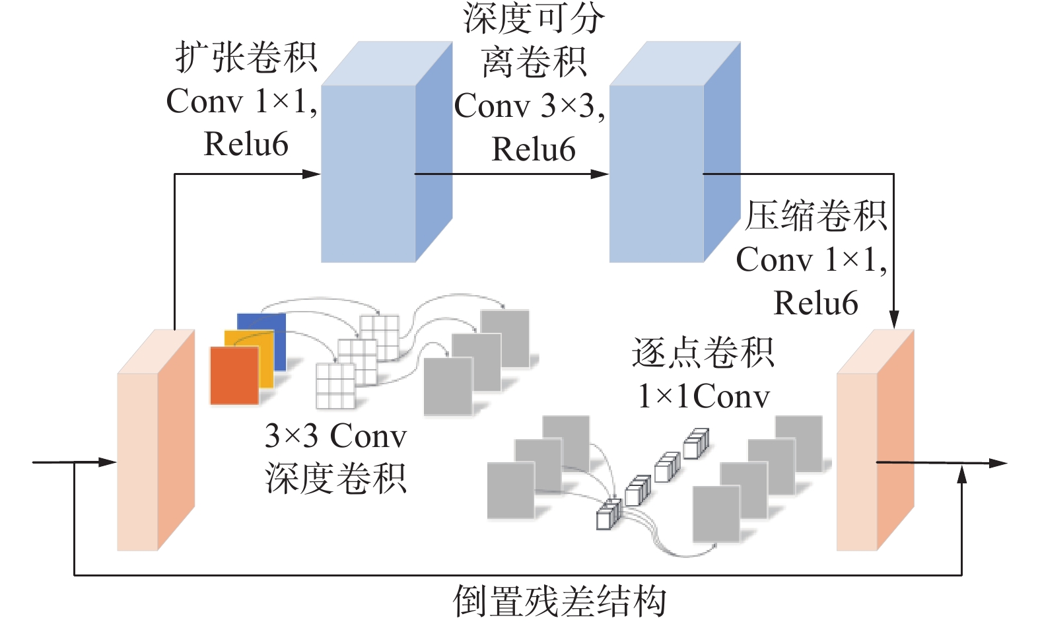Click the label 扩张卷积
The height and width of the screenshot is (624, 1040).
click(246, 58)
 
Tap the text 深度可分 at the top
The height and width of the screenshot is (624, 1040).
click(534, 18)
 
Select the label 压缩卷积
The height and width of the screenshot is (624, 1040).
click(815, 217)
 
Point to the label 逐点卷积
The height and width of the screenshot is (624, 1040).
click(703, 353)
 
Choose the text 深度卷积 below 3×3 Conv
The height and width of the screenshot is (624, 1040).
click(335, 478)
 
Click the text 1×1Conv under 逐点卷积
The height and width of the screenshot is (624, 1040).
click(704, 396)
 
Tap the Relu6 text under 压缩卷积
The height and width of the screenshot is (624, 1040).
click(815, 303)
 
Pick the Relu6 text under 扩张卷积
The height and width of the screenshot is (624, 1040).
click(246, 144)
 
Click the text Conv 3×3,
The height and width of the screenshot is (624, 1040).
click(530, 106)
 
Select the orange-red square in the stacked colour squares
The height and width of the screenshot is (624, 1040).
click(234, 375)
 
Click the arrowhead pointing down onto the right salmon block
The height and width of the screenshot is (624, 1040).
click(893, 320)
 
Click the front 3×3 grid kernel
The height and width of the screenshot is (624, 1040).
click(335, 386)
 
